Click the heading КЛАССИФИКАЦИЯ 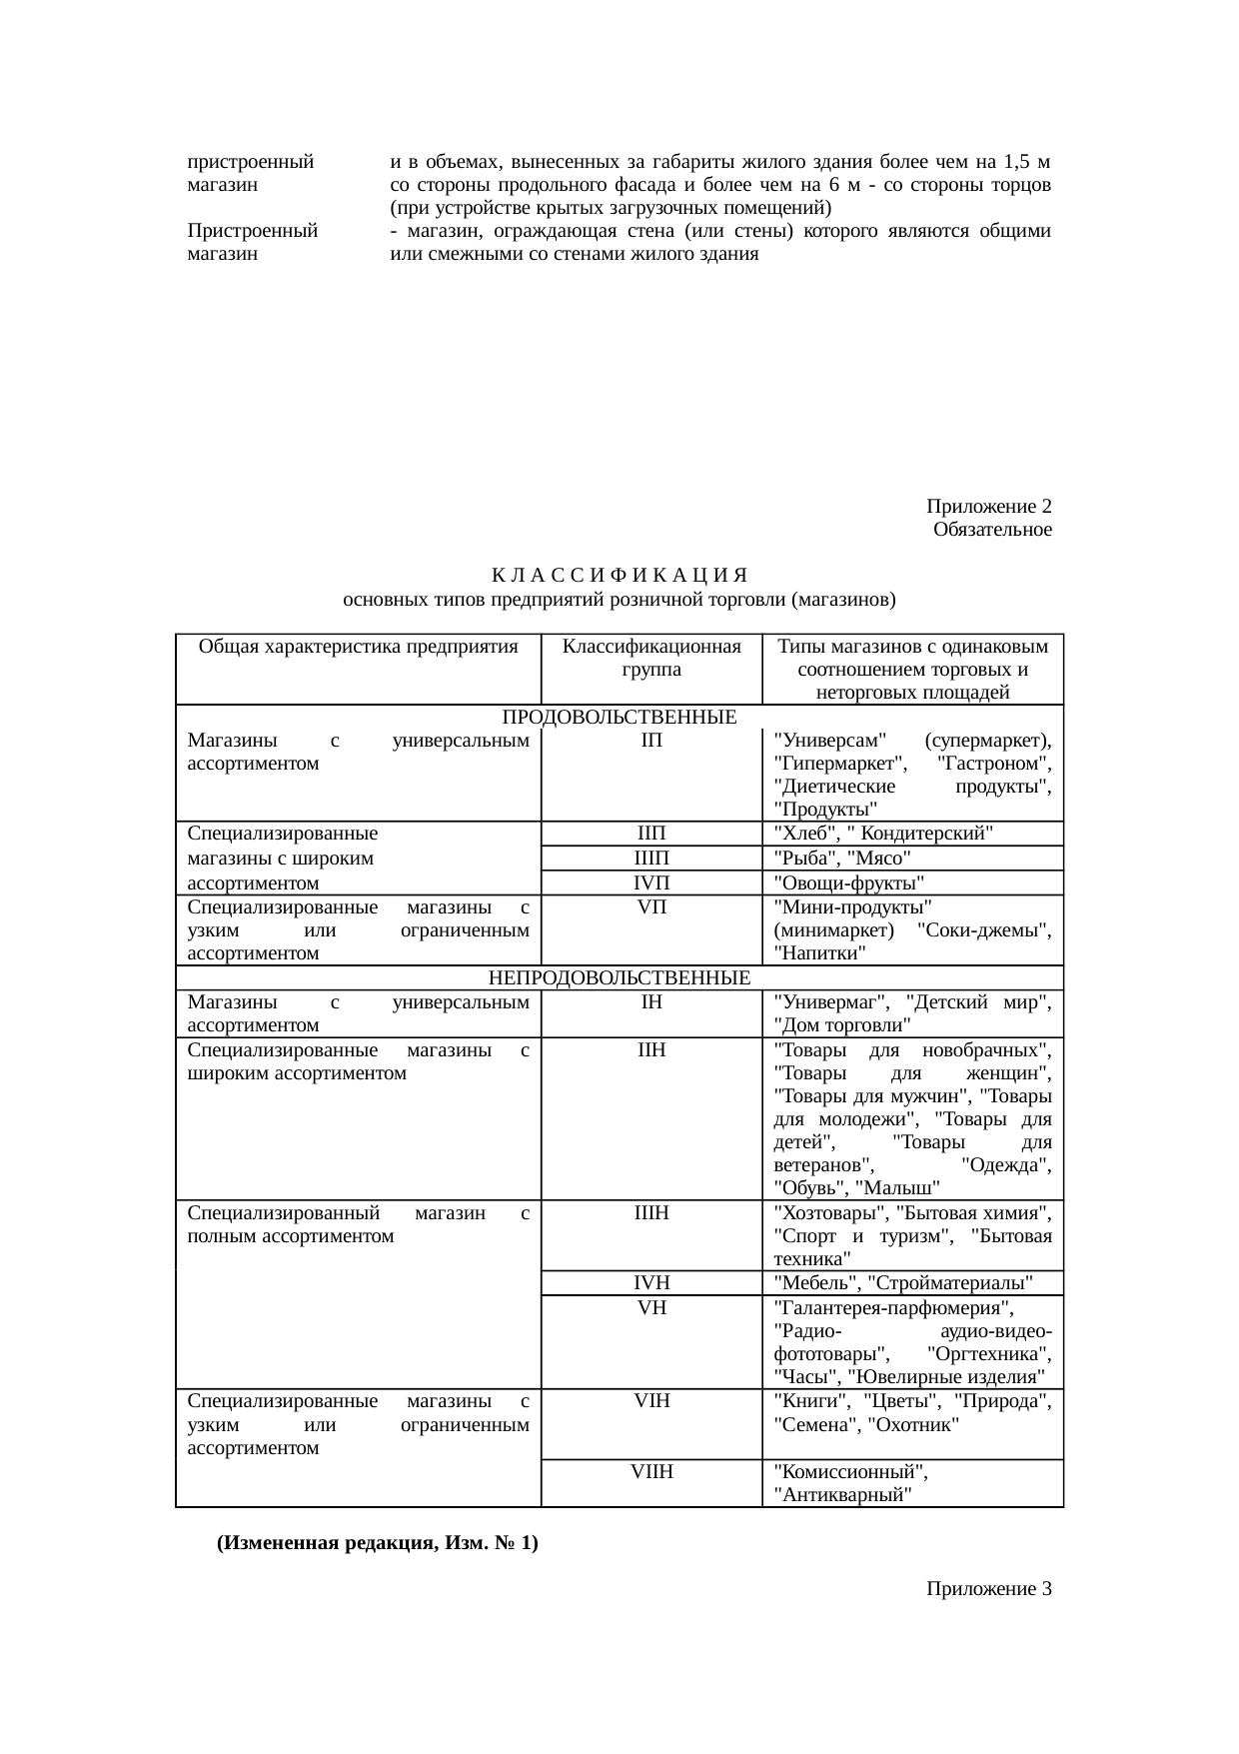(619, 577)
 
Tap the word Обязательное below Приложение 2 (991, 529)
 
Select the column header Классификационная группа (651, 658)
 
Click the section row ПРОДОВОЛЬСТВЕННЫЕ (619, 718)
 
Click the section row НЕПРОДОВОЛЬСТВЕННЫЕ (619, 976)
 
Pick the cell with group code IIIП (651, 858)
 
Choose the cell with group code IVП (651, 882)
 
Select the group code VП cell (651, 906)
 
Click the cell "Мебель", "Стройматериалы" (903, 1283)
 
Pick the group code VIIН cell (651, 1471)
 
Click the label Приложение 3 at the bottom (988, 1588)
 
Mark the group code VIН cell (651, 1401)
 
